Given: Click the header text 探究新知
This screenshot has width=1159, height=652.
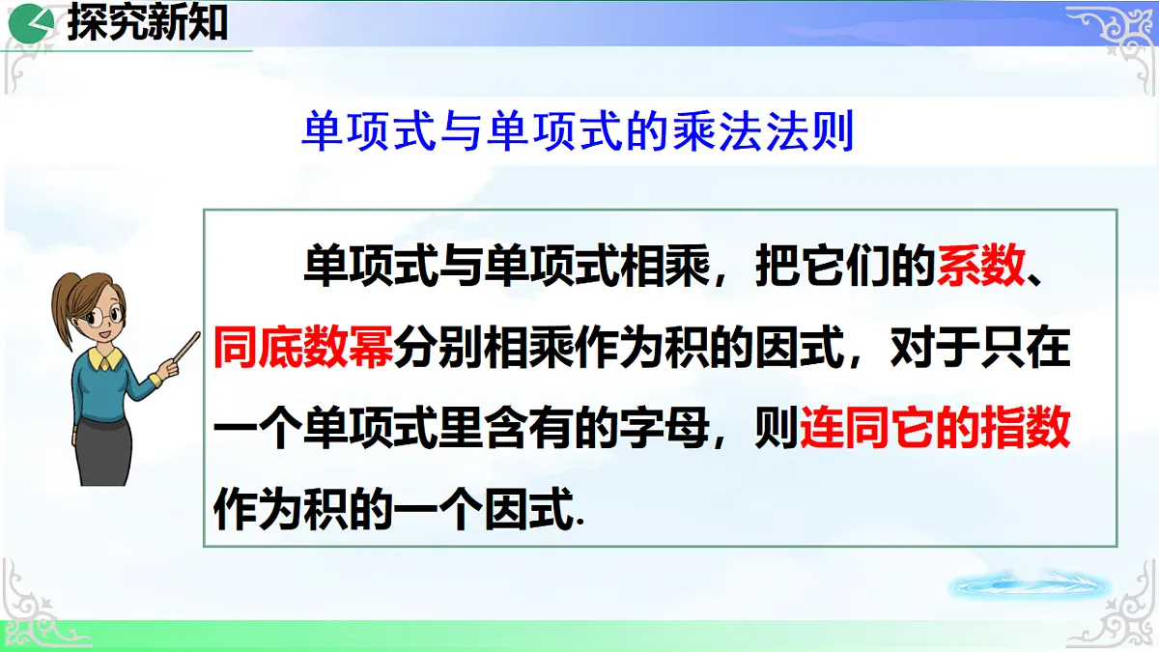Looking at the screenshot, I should click(147, 23).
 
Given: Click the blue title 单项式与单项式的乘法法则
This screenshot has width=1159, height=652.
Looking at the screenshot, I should click(578, 133).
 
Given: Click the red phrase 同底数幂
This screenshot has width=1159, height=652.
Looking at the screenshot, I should click(302, 347).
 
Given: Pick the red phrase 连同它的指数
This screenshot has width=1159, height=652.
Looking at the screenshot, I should click(935, 428).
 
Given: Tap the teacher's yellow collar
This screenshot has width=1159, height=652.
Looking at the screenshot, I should click(106, 358).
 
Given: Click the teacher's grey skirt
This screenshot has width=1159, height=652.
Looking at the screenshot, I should click(103, 448).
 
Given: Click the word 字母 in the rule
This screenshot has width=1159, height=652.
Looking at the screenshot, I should click(707, 428).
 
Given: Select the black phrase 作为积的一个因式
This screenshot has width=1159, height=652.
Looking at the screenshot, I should click(398, 509).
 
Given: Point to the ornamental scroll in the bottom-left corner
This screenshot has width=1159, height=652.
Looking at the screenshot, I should click(34, 604).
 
